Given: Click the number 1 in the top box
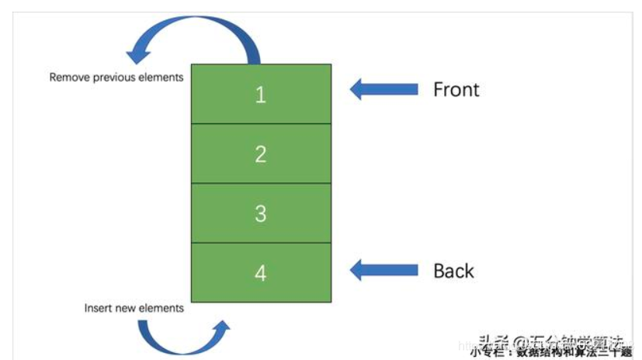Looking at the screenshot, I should pos(261,94).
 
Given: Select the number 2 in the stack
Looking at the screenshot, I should pos(261,154).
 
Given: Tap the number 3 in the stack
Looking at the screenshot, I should pos(261,213).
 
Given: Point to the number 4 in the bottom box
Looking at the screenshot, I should pos(261,273).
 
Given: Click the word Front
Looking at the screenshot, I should pos(456,89).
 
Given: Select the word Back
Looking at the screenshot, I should pos(453,271).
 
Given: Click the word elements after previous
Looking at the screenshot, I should pos(161,78).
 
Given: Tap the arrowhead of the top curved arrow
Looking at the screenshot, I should pos(139,54).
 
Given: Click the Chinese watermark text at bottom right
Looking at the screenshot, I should pos(551,345).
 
